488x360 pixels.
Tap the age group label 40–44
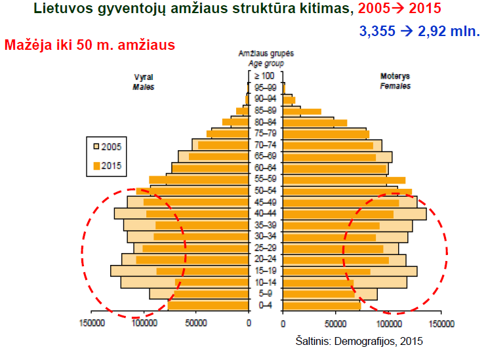pos(265,213)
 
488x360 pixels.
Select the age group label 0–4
pos(265,305)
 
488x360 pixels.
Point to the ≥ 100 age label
pos(265,77)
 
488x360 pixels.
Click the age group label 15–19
pos(265,271)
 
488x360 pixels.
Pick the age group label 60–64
pos(265,168)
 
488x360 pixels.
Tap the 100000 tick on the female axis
pos(389,323)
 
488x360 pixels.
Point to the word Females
pos(396,86)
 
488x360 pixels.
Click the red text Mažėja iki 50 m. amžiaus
pos(89,46)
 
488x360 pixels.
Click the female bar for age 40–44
pos(354,214)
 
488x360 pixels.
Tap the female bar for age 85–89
pos(302,111)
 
